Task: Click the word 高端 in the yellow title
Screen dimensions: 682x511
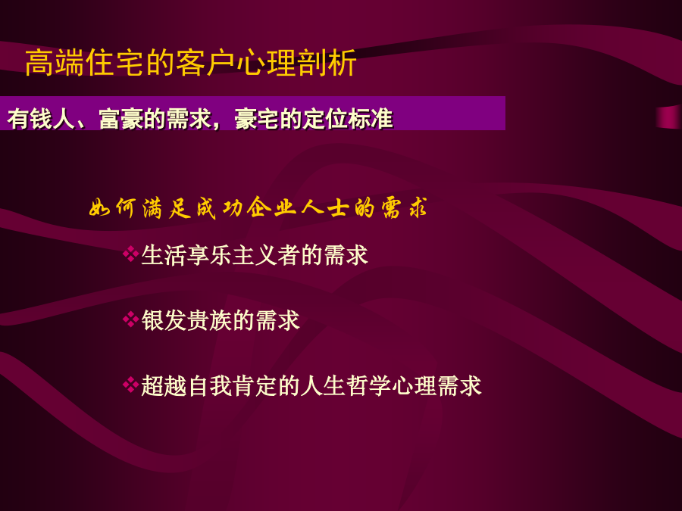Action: pos(55,63)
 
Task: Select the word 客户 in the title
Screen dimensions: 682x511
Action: pos(205,63)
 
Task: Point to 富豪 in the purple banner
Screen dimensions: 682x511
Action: pos(121,119)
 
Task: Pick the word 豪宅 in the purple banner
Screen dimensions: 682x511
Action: pos(257,119)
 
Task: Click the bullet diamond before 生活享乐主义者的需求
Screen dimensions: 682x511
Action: pos(130,254)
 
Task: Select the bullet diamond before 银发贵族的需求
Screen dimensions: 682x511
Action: pos(130,319)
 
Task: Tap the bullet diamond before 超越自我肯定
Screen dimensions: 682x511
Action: pos(130,385)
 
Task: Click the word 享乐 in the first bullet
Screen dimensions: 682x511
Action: pos(209,255)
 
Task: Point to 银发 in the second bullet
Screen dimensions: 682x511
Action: pos(164,321)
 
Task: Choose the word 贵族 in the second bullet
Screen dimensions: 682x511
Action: pos(209,321)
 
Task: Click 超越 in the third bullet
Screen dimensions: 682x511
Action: pos(164,386)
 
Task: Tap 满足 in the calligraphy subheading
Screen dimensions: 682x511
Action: pos(167,208)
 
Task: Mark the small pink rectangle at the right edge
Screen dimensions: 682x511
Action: pos(669,117)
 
